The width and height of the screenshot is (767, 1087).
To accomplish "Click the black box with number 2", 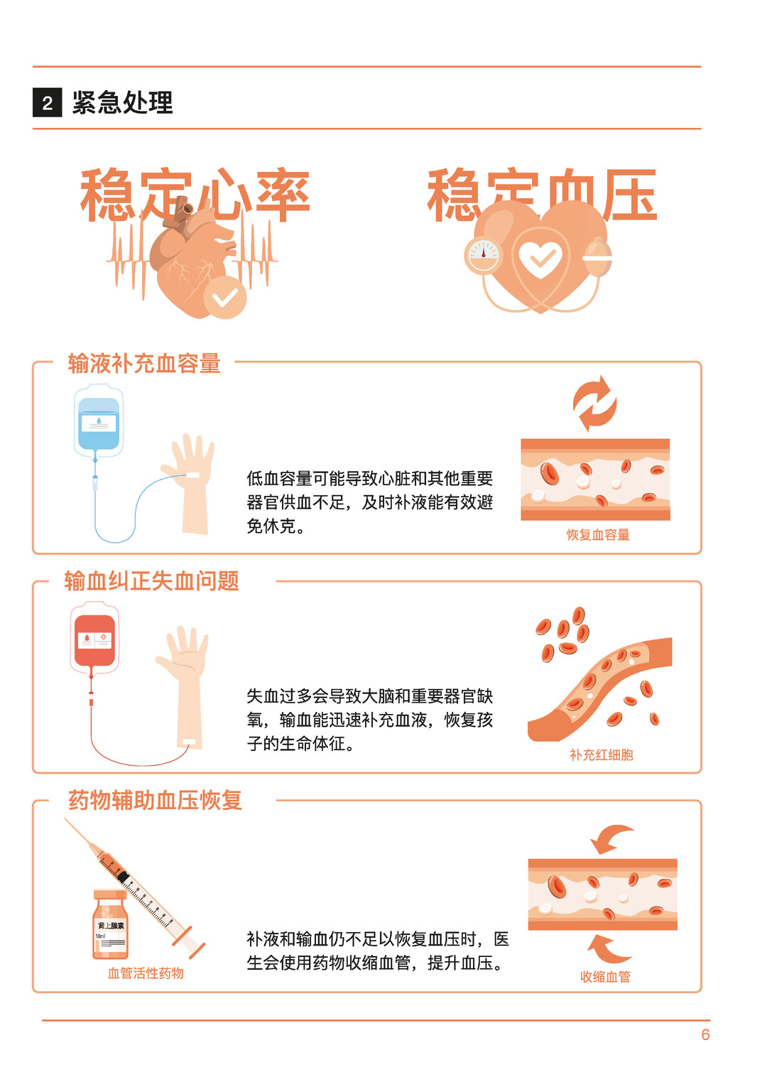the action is (x=47, y=102).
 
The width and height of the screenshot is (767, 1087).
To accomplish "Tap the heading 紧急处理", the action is (x=122, y=102).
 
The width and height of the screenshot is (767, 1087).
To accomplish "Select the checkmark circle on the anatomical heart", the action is (x=224, y=297).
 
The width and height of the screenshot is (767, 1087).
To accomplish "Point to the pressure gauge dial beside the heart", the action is (x=483, y=255).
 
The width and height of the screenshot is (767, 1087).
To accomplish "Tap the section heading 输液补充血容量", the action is (x=144, y=363).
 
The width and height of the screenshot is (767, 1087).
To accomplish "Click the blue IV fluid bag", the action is (x=99, y=421).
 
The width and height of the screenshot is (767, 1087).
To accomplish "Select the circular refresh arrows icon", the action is (x=594, y=404).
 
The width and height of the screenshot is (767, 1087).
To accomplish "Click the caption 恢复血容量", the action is (x=598, y=534).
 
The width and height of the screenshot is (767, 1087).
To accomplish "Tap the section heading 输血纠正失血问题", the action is (x=151, y=580).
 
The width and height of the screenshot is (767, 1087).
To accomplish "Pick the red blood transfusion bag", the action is (x=94, y=638).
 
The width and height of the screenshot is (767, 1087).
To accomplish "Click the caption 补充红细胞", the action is (x=601, y=755).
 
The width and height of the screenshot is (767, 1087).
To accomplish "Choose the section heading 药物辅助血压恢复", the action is (x=155, y=800).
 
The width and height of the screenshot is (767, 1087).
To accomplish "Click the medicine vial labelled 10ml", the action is (x=110, y=924).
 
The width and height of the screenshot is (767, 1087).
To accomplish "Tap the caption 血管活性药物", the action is (x=146, y=973).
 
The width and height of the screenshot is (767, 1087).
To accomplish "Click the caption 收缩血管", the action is (x=605, y=976).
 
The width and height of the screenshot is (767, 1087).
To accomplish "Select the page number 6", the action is (x=705, y=1034).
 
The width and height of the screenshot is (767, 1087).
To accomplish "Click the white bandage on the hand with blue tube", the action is (x=192, y=475).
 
